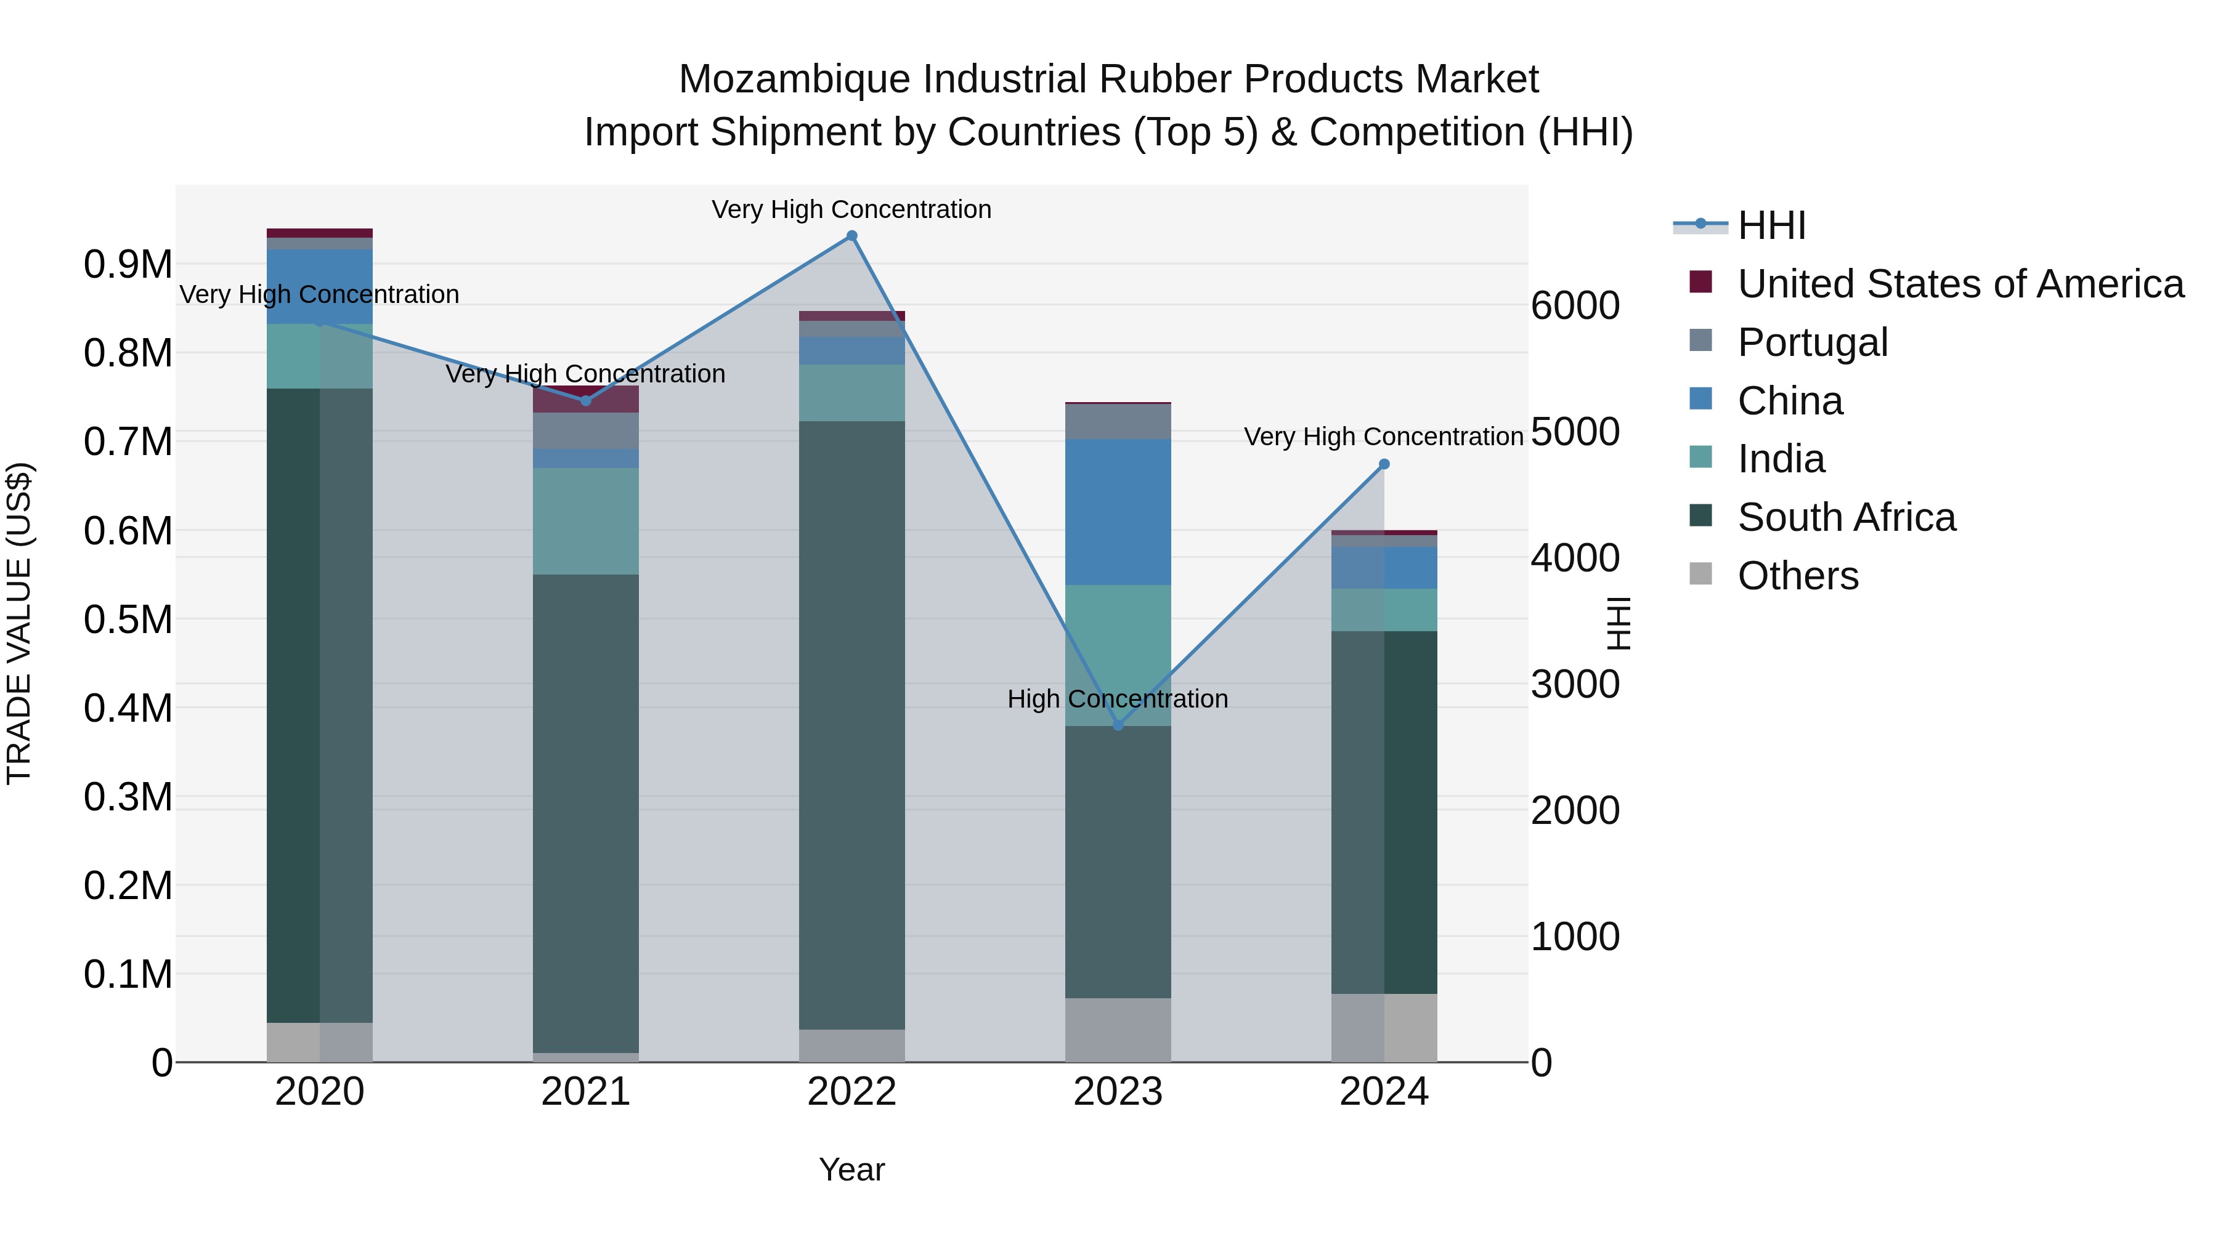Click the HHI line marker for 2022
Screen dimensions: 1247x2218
click(x=851, y=236)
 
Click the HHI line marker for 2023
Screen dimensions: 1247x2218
click(x=1118, y=725)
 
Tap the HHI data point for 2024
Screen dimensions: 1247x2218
click(x=1384, y=464)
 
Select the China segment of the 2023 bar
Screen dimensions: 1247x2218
click(x=1118, y=512)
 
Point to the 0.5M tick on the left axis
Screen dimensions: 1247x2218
click(x=128, y=619)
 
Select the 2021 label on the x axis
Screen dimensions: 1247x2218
click(x=585, y=1092)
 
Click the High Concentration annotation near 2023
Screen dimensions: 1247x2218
click(x=1117, y=699)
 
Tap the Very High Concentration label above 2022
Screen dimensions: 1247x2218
click(x=851, y=209)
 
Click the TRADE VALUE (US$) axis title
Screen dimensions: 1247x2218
click(x=20, y=623)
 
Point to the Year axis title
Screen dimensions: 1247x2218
click(x=851, y=1169)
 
